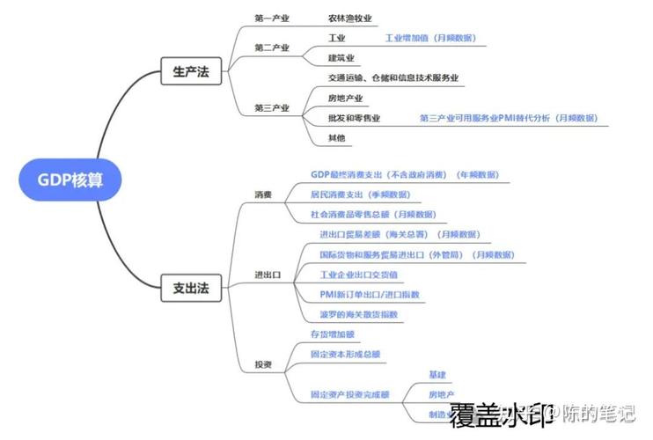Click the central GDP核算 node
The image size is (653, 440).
(70, 180)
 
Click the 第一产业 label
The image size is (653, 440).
(272, 18)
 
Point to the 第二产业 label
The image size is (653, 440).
(272, 47)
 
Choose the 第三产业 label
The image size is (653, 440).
(272, 107)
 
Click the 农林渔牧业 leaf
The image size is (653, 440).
(350, 18)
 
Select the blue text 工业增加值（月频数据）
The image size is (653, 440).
(430, 38)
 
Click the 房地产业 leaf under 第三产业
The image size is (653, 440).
(345, 98)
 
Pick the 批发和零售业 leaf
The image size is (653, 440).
(354, 118)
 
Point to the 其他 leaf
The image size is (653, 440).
(336, 138)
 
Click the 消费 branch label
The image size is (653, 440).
(263, 194)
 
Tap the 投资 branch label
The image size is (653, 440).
(263, 364)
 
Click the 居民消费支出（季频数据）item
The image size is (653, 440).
(360, 194)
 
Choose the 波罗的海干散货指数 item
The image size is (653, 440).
(359, 314)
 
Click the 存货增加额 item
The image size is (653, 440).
(332, 334)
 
